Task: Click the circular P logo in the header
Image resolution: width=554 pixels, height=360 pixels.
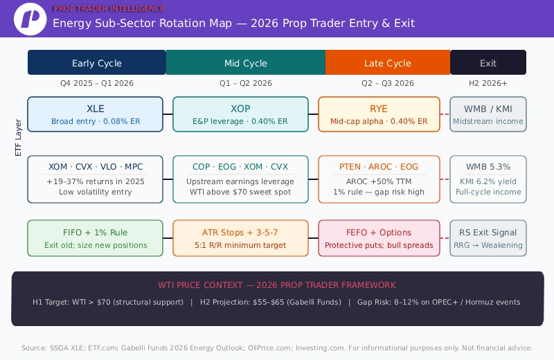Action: click(x=30, y=19)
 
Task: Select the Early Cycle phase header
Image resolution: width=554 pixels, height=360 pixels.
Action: click(x=97, y=63)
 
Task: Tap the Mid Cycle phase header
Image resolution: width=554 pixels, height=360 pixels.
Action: click(x=246, y=63)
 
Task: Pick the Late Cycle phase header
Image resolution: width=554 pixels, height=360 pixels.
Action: click(x=388, y=63)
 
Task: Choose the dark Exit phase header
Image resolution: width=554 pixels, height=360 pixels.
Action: click(x=488, y=63)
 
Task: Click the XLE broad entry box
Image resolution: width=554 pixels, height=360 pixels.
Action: click(x=96, y=114)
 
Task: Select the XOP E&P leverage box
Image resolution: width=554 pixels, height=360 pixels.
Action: click(x=240, y=114)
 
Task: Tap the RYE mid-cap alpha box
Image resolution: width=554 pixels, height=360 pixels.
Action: click(x=379, y=114)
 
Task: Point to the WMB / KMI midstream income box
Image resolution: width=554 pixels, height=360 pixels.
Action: click(x=488, y=114)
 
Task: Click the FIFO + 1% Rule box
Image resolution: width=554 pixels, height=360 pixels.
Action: click(x=96, y=238)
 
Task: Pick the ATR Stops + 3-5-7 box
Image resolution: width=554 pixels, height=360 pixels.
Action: click(x=240, y=238)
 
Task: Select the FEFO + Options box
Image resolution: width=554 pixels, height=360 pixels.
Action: click(x=379, y=238)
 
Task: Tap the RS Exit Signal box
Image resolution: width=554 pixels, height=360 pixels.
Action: click(x=488, y=238)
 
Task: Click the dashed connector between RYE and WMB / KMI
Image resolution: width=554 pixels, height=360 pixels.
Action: click(x=445, y=114)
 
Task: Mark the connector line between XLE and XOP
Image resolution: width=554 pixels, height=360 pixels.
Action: click(x=168, y=114)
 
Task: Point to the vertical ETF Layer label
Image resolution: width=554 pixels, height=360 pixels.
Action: click(x=19, y=137)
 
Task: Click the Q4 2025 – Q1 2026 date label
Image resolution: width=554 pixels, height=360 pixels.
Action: click(x=97, y=83)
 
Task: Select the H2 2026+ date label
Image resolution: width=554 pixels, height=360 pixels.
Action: click(x=488, y=83)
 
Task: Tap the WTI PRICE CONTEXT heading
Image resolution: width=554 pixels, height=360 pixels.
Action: click(x=277, y=285)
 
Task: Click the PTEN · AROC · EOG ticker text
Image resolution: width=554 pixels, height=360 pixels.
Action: click(x=379, y=167)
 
